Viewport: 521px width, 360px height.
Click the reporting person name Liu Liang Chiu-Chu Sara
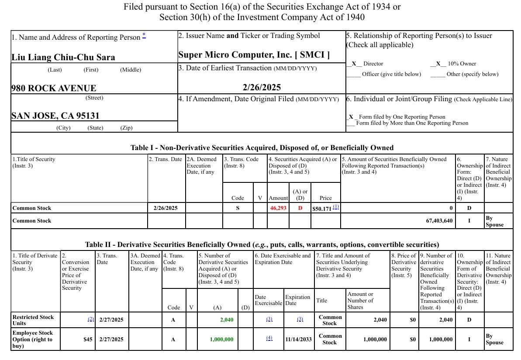coord(63,57)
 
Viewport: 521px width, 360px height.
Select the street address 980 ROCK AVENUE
coord(54,88)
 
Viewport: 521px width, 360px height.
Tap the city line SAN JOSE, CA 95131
coord(55,116)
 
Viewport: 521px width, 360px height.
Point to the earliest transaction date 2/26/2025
coord(262,87)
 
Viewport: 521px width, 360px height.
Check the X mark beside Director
coord(354,64)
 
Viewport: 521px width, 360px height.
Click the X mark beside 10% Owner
coord(438,64)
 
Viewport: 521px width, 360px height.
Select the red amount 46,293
coord(278,208)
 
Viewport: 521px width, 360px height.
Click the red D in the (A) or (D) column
coord(300,208)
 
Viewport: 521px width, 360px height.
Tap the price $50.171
coord(322,209)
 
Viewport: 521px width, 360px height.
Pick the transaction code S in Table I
coord(238,208)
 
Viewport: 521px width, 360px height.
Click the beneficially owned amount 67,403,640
coord(439,221)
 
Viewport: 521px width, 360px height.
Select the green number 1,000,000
coord(221,339)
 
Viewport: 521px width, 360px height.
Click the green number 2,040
coord(227,320)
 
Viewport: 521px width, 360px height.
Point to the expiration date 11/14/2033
coord(298,339)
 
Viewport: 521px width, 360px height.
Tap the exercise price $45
coord(88,339)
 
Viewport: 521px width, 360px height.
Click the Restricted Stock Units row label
coord(33,320)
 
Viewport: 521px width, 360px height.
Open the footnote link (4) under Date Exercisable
coord(269,338)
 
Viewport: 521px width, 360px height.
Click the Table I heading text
coord(262,148)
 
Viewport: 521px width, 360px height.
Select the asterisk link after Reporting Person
coord(144,36)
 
